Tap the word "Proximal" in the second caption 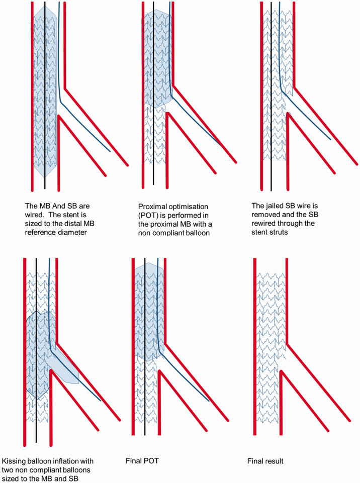pyautogui.click(x=152, y=205)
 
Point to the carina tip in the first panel pyautogui.click(x=59, y=117)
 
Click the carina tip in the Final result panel pyautogui.click(x=282, y=372)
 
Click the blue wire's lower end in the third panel pyautogui.click(x=331, y=139)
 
